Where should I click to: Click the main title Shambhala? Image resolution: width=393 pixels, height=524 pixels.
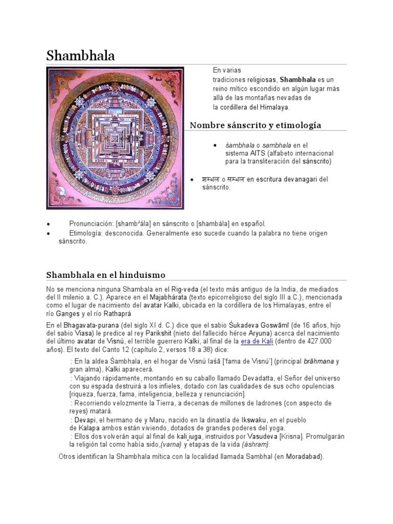(80, 55)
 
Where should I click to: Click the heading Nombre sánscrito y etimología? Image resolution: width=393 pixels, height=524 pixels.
(255, 125)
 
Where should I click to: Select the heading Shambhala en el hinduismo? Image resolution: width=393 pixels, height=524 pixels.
(106, 275)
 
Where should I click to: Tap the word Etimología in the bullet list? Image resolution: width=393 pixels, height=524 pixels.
(85, 233)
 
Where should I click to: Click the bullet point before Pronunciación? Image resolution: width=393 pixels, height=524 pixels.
(48, 224)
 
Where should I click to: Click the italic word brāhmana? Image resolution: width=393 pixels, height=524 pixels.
(318, 361)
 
